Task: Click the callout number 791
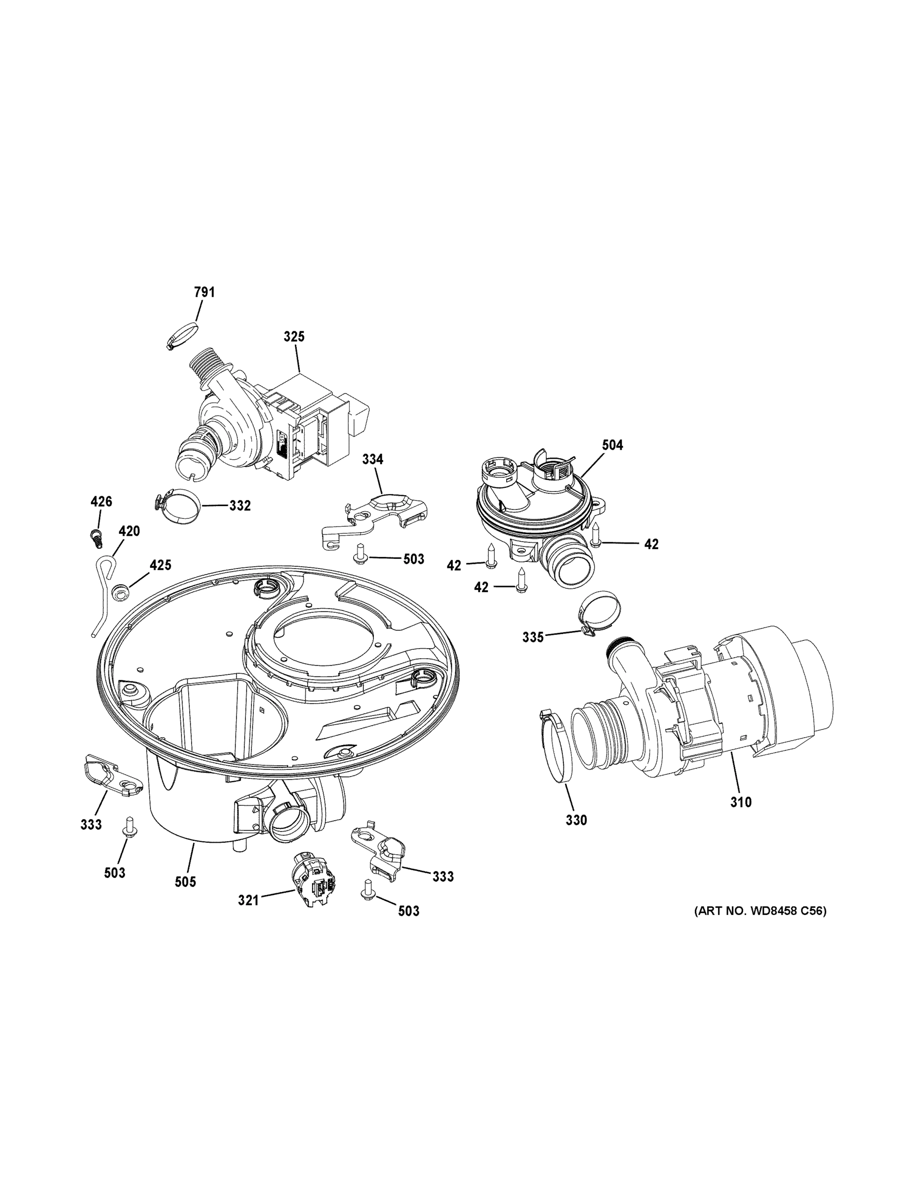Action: (204, 292)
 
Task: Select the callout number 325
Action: (294, 336)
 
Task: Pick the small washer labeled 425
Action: (120, 592)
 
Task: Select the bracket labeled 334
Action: (374, 514)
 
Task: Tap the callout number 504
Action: (612, 445)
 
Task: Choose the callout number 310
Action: (740, 802)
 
